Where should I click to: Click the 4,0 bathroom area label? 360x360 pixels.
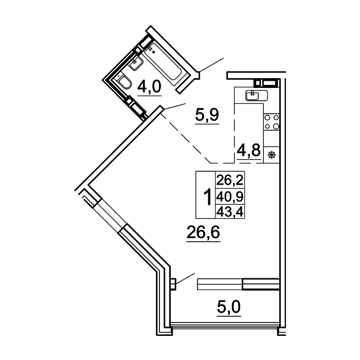(x=150, y=87)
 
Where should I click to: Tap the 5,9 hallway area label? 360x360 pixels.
(x=207, y=115)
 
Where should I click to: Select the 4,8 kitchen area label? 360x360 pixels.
(x=248, y=150)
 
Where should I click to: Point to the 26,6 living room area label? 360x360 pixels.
(x=204, y=232)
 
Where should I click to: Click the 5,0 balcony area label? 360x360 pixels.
(x=229, y=307)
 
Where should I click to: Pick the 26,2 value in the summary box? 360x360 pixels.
(x=230, y=180)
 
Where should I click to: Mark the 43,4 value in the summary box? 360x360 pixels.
(x=230, y=212)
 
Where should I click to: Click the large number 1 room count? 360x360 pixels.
(x=207, y=197)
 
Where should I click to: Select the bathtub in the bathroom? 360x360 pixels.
(x=164, y=62)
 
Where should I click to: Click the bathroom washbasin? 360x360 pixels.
(x=136, y=62)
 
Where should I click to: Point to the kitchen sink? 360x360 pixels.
(x=257, y=95)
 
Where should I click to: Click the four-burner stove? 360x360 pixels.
(x=272, y=122)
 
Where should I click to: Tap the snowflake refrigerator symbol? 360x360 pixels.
(x=272, y=155)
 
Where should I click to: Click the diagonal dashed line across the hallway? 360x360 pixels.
(x=186, y=138)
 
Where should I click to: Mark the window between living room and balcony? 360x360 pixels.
(x=238, y=284)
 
